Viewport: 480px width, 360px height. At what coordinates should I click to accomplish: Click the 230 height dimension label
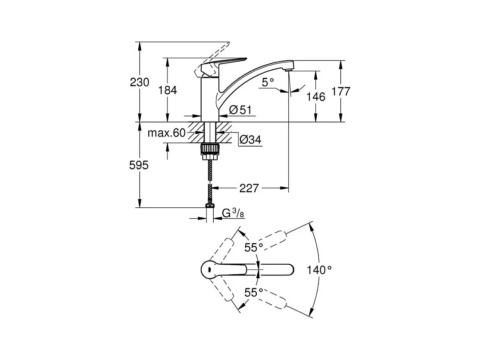click(140, 82)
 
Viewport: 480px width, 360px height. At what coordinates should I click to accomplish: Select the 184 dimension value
click(168, 91)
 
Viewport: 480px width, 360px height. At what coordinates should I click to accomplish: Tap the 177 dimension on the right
click(341, 91)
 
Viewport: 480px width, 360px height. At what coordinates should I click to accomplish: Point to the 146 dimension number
click(316, 97)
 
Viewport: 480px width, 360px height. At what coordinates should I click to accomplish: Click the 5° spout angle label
click(268, 82)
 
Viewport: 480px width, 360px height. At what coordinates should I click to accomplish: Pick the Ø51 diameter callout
click(240, 110)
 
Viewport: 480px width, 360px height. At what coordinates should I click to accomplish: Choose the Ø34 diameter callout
click(250, 140)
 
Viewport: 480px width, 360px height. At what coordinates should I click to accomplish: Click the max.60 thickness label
click(166, 133)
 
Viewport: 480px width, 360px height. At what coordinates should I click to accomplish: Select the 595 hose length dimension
click(139, 166)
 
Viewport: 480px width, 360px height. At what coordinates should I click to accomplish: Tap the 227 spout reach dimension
click(249, 188)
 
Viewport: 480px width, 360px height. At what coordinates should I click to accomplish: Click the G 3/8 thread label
click(233, 213)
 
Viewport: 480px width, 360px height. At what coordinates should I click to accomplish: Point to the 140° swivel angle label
click(319, 270)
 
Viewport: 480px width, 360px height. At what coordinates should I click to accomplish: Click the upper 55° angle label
click(254, 247)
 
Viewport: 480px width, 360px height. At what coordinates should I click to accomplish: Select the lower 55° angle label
click(254, 293)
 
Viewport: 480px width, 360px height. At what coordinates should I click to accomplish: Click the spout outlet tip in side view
click(288, 70)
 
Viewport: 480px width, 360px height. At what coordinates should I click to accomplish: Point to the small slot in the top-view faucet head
click(209, 269)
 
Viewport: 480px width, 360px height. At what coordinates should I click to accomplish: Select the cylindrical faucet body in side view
click(210, 100)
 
